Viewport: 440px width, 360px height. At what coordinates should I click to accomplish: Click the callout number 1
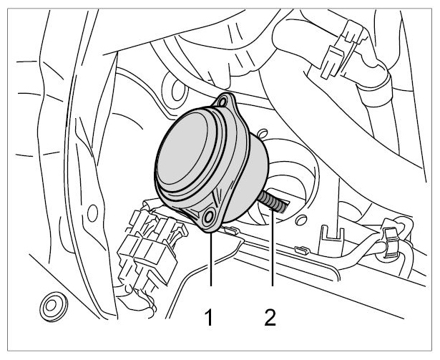(209, 317)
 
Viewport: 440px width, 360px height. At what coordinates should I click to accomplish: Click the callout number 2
(270, 317)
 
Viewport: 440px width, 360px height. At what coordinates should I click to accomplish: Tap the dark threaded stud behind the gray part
(273, 202)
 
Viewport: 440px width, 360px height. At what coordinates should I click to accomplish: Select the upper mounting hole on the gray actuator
(223, 101)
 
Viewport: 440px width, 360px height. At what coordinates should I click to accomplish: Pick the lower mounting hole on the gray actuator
(209, 217)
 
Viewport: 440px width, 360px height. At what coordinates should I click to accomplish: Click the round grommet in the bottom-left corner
(53, 307)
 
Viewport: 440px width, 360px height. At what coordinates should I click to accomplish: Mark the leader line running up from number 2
(272, 248)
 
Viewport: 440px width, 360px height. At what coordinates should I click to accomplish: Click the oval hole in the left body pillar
(92, 213)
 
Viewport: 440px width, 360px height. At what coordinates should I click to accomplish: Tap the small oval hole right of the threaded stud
(300, 220)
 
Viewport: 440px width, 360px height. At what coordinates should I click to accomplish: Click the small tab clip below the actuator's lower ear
(231, 230)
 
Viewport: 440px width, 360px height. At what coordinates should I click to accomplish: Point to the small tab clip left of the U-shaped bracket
(302, 250)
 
